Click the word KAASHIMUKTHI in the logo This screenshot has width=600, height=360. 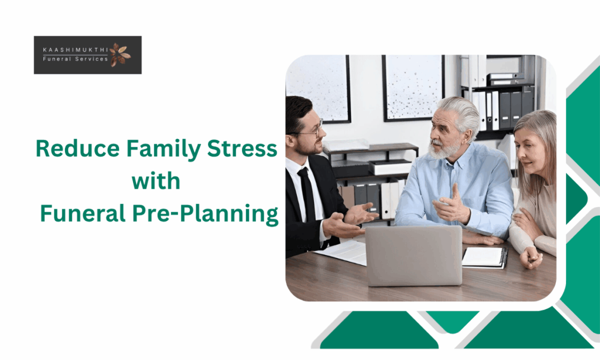76,50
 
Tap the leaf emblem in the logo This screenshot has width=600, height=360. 120,55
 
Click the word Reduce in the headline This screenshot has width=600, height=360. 78,148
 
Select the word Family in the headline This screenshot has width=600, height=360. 163,150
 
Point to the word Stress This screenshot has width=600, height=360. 242,148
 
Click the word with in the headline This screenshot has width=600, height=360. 156,181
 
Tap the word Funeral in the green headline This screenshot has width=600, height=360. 83,213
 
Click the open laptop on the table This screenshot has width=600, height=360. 414,256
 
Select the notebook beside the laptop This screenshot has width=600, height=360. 485,257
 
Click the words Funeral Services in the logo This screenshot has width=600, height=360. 76,59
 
